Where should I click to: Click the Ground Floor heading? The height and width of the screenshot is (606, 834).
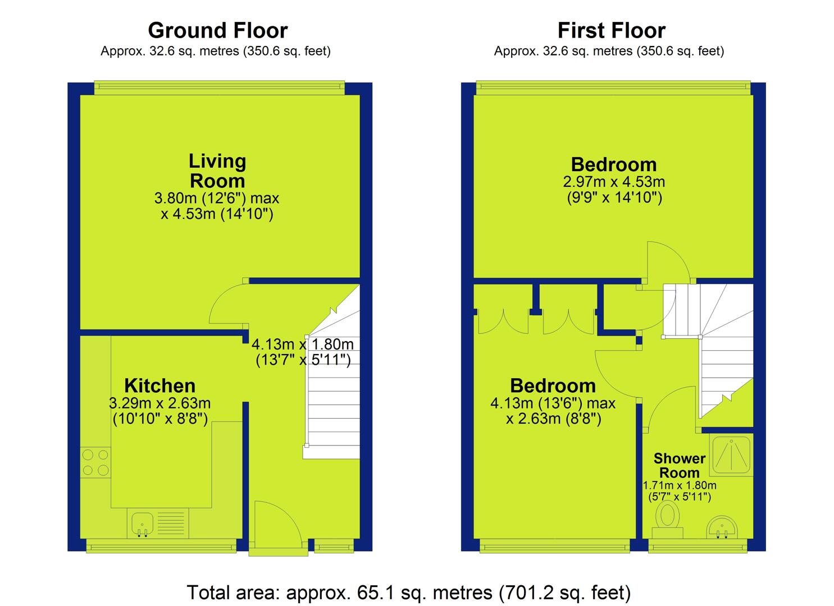pyautogui.click(x=218, y=30)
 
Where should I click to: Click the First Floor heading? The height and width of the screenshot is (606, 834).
pyautogui.click(x=612, y=30)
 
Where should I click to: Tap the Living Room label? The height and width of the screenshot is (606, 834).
pyautogui.click(x=217, y=171)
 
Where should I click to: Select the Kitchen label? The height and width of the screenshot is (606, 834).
pyautogui.click(x=159, y=386)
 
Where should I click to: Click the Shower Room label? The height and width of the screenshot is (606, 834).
pyautogui.click(x=680, y=466)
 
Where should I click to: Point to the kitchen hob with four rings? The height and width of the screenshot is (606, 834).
pyautogui.click(x=95, y=462)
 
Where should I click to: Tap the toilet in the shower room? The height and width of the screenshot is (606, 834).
pyautogui.click(x=668, y=519)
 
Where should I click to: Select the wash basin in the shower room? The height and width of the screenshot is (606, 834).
pyautogui.click(x=722, y=527)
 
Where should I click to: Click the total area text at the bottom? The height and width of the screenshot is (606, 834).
pyautogui.click(x=409, y=593)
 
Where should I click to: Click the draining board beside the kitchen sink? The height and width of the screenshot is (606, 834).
pyautogui.click(x=171, y=524)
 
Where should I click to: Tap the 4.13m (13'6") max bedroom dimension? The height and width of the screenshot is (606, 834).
pyautogui.click(x=553, y=403)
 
